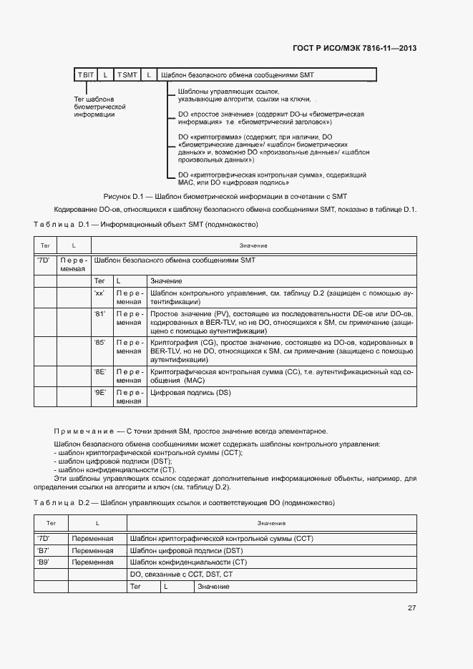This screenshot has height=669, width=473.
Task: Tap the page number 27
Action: tap(411, 608)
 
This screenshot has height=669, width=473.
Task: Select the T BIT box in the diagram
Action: tap(86, 74)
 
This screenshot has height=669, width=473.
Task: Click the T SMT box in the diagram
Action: tap(127, 74)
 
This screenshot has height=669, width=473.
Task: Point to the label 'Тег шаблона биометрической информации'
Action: tap(94, 107)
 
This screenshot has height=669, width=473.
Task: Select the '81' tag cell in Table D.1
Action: tap(99, 314)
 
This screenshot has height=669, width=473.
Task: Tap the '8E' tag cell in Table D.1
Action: tap(99, 372)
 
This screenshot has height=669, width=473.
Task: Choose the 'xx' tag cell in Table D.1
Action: tap(99, 294)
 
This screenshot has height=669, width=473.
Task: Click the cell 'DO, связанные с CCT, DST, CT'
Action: tap(180, 574)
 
